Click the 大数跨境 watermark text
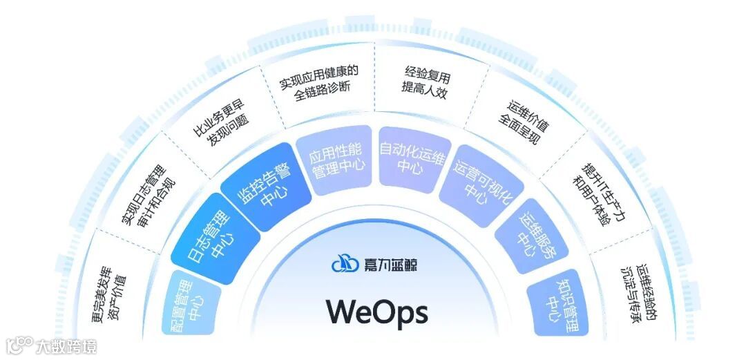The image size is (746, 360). click(66, 345)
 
